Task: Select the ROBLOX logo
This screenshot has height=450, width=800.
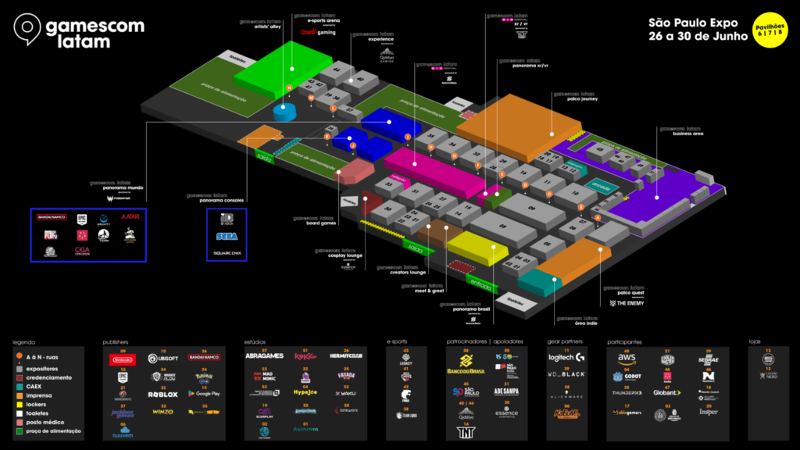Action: (163, 395)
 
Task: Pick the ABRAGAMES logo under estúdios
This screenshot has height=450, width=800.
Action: (264, 356)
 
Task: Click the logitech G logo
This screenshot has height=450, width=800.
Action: (566, 358)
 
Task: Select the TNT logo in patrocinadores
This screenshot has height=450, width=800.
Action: (466, 432)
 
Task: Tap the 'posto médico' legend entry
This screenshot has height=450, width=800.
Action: (46, 422)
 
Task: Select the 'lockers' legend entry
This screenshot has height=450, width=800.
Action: (38, 403)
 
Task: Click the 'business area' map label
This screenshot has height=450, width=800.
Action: (687, 134)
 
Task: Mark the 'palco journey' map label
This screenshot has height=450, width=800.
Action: (579, 98)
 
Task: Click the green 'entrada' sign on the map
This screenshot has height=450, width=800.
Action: (480, 283)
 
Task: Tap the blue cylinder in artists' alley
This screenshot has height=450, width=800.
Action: (285, 112)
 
